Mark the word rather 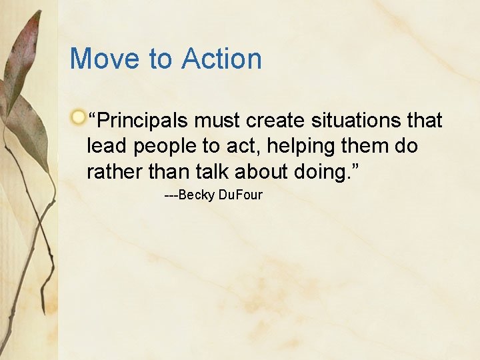[x=115, y=171]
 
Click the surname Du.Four [x=241, y=195]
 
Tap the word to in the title [x=161, y=59]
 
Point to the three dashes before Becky [x=171, y=195]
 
